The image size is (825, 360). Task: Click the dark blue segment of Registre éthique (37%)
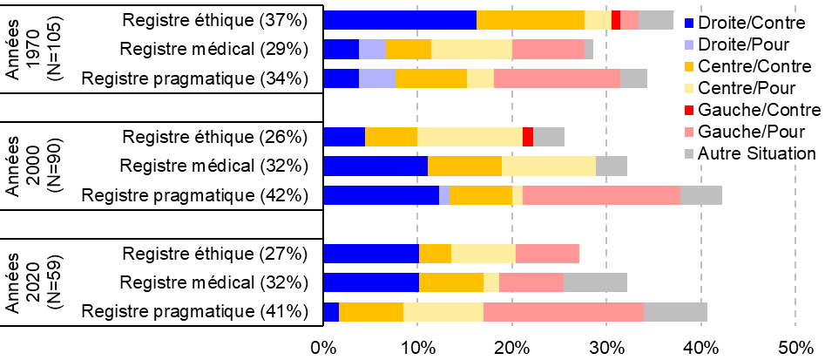[400, 20]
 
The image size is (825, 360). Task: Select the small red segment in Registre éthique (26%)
[528, 136]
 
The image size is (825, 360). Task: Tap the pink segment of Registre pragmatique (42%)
[601, 195]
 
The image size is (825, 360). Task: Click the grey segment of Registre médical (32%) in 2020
[595, 282]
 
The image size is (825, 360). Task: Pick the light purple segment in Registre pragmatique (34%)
[376, 78]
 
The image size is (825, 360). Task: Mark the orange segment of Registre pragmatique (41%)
[371, 312]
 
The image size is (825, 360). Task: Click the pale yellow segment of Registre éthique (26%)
[470, 136]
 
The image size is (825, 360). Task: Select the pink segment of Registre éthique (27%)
[547, 254]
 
